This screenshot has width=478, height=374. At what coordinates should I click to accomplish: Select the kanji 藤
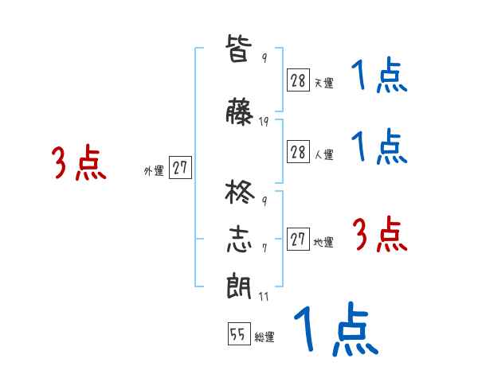[x=240, y=113]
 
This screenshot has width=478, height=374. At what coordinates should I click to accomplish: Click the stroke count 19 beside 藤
[x=264, y=122]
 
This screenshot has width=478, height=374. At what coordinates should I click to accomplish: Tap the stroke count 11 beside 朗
[x=264, y=296]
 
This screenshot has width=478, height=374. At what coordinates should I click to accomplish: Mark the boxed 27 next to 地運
[x=298, y=239]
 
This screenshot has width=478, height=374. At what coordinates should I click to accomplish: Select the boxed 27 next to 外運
[x=180, y=169]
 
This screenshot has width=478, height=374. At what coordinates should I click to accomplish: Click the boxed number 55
[x=238, y=334]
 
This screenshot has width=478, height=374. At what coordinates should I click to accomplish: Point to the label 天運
[x=323, y=83]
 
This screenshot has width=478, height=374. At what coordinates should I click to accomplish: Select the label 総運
[x=264, y=337]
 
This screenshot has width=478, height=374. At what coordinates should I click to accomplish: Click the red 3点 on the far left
[x=79, y=163]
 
